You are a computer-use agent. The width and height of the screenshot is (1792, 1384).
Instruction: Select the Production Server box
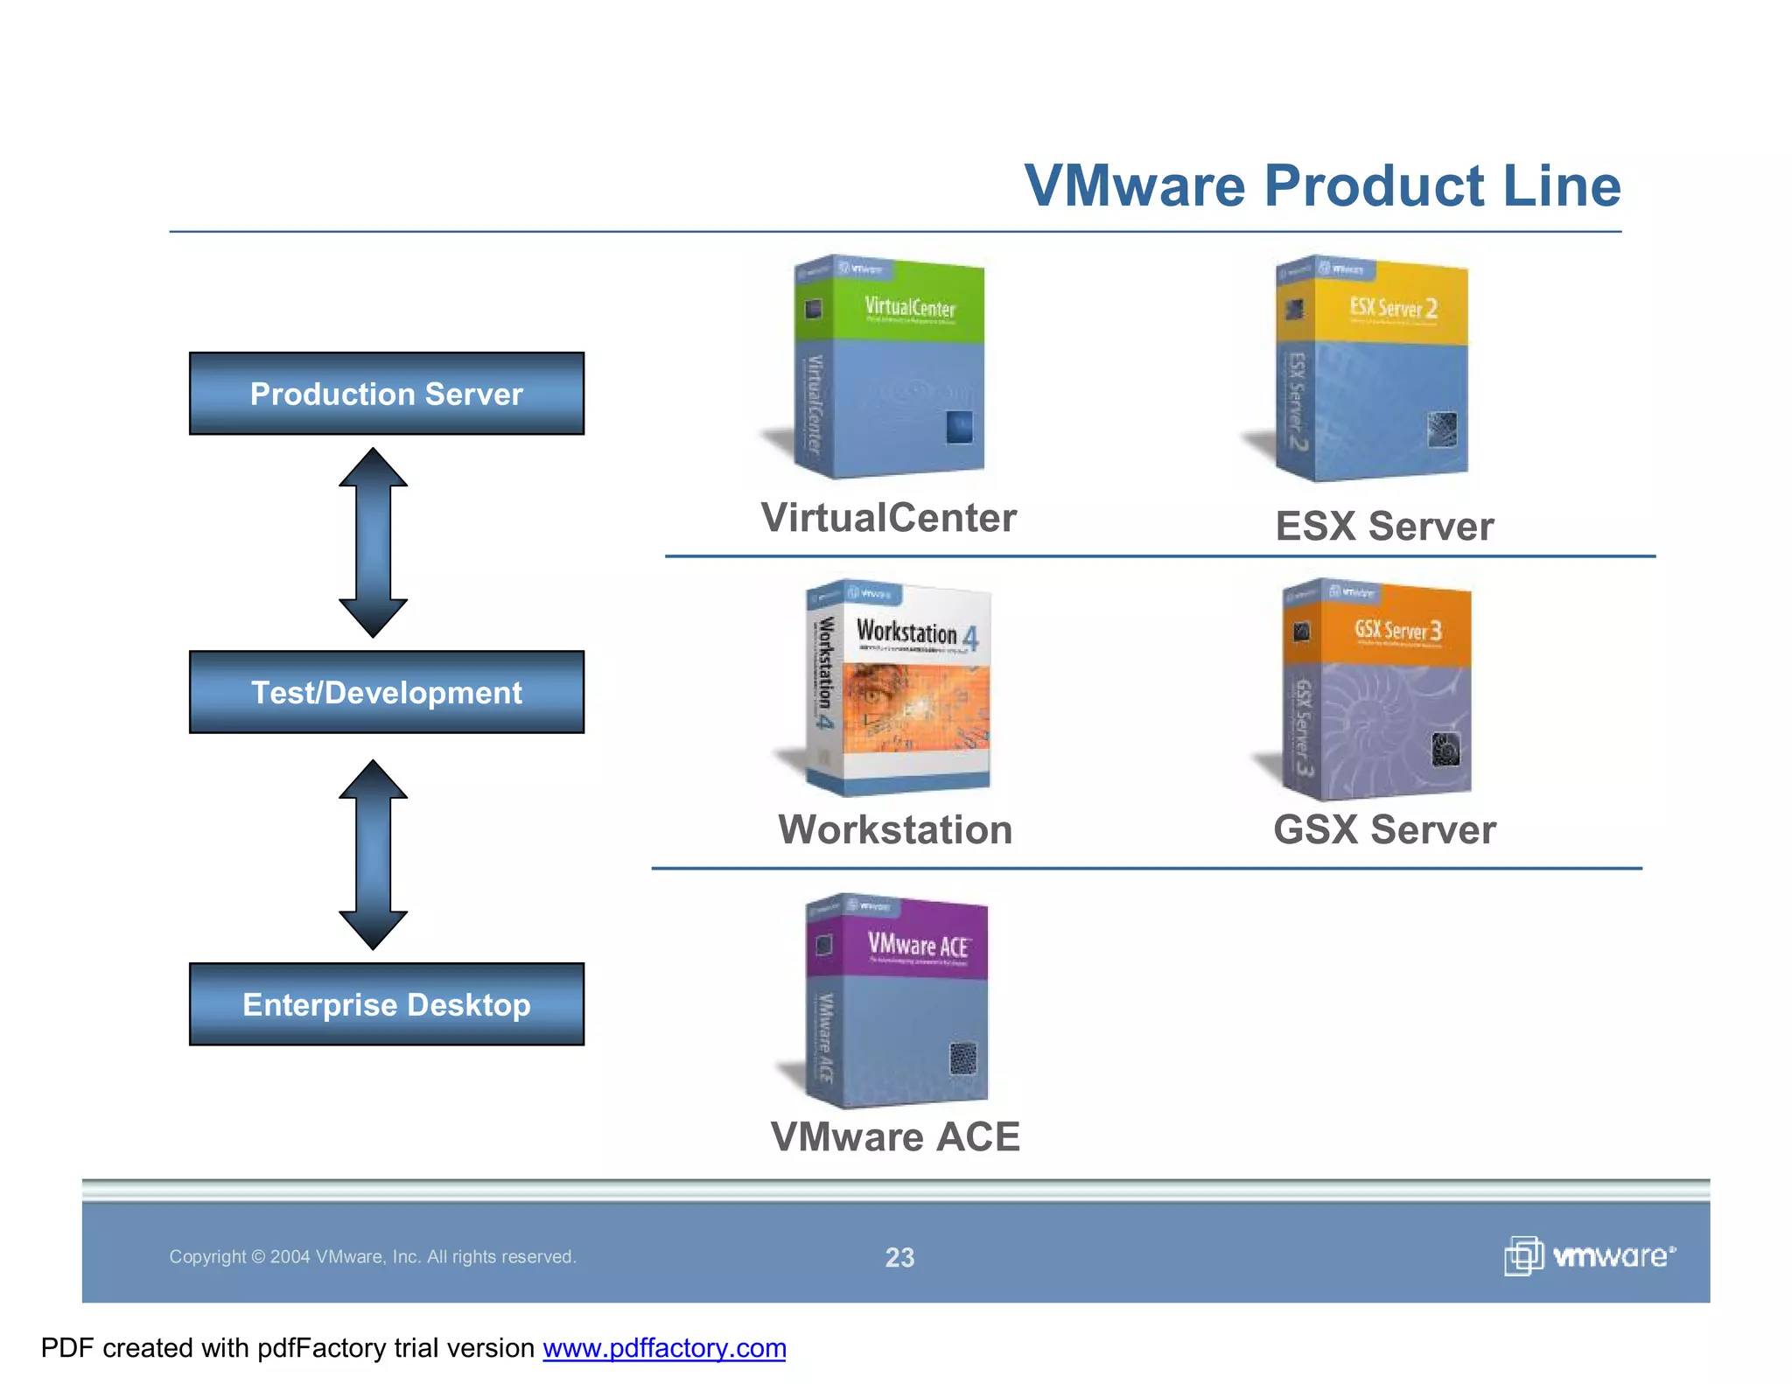tap(386, 394)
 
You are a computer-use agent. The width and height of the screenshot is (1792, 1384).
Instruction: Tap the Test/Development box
tap(386, 692)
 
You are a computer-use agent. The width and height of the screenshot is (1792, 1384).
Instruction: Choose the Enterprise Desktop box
tap(386, 1004)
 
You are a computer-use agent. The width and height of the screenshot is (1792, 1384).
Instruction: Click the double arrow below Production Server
tap(373, 542)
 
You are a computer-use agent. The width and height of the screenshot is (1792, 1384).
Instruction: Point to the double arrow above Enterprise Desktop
tap(373, 855)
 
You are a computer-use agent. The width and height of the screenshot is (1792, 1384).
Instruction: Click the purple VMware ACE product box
tap(899, 1002)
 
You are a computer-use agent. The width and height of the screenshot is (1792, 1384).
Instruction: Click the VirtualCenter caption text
tap(888, 517)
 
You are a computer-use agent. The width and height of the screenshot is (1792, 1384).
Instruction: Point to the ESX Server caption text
tap(1384, 527)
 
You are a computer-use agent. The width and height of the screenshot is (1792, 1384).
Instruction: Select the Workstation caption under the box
tap(895, 829)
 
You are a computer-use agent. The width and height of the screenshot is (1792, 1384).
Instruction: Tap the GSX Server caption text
tap(1384, 829)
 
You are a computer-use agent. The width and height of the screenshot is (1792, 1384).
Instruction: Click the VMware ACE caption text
tap(895, 1136)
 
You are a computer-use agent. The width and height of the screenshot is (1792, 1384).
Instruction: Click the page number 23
tap(899, 1257)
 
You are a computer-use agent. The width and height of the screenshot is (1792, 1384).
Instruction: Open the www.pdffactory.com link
tap(664, 1348)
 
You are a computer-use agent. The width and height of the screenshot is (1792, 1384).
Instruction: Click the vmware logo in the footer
tap(1589, 1256)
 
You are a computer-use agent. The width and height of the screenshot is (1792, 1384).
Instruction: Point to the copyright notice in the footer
tap(373, 1257)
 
